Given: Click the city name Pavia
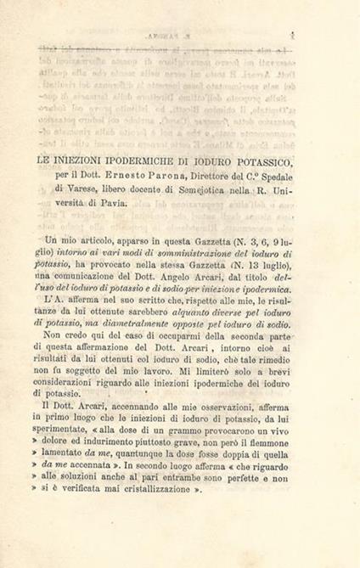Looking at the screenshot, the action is point(113,203).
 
